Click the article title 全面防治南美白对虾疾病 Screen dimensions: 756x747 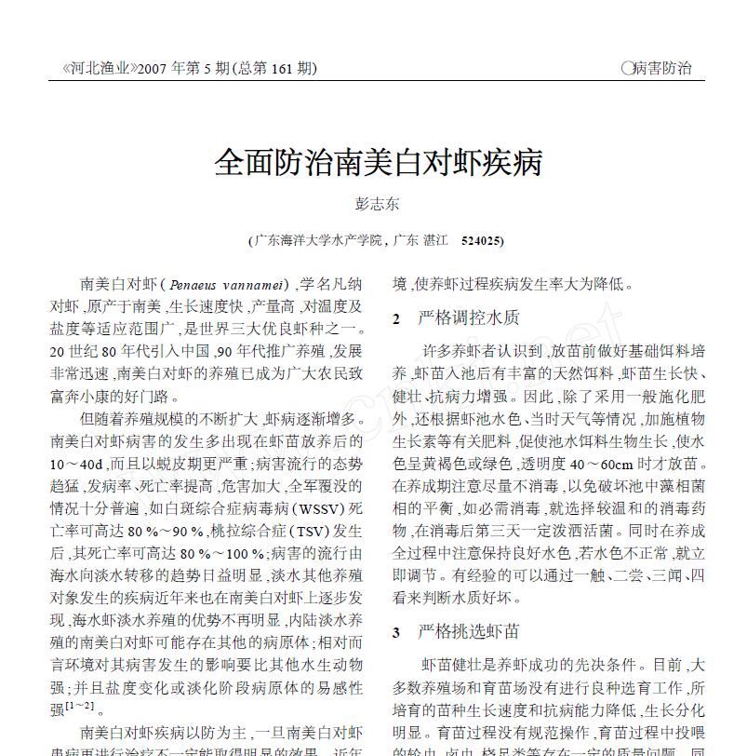(x=378, y=163)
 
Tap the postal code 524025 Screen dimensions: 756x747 (x=482, y=240)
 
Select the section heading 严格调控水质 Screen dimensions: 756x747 (x=469, y=318)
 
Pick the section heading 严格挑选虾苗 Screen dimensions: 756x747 (x=469, y=632)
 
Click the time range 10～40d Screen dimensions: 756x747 (x=77, y=463)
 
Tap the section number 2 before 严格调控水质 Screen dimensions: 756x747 (x=396, y=319)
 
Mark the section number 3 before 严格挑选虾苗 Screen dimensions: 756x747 (x=396, y=633)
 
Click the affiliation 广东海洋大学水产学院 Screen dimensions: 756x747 (x=318, y=240)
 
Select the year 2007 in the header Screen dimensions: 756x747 (x=153, y=68)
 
